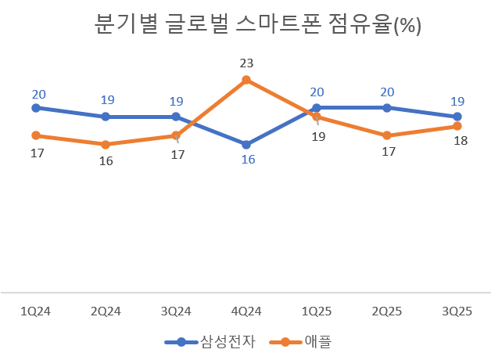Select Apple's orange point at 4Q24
click(246, 80)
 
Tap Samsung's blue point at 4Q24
click(246, 145)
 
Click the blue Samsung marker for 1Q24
click(35, 108)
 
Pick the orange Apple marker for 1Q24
click(35, 135)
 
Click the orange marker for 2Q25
click(387, 135)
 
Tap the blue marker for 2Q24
click(106, 117)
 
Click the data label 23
click(247, 63)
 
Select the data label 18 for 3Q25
click(460, 142)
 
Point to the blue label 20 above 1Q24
click(38, 94)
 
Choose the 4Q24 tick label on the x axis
click(246, 311)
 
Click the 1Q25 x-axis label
click(317, 311)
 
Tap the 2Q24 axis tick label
click(106, 311)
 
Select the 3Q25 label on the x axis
click(457, 311)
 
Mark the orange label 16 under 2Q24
click(106, 161)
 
